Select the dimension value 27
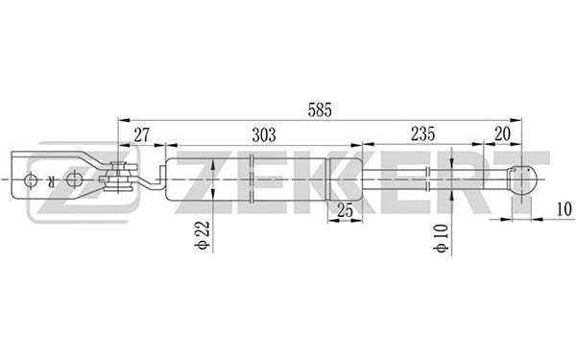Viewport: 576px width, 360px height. pos(141,135)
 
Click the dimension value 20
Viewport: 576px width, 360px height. pos(502,135)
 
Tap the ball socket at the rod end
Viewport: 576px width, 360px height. pos(519,180)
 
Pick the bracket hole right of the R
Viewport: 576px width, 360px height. pos(75,179)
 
